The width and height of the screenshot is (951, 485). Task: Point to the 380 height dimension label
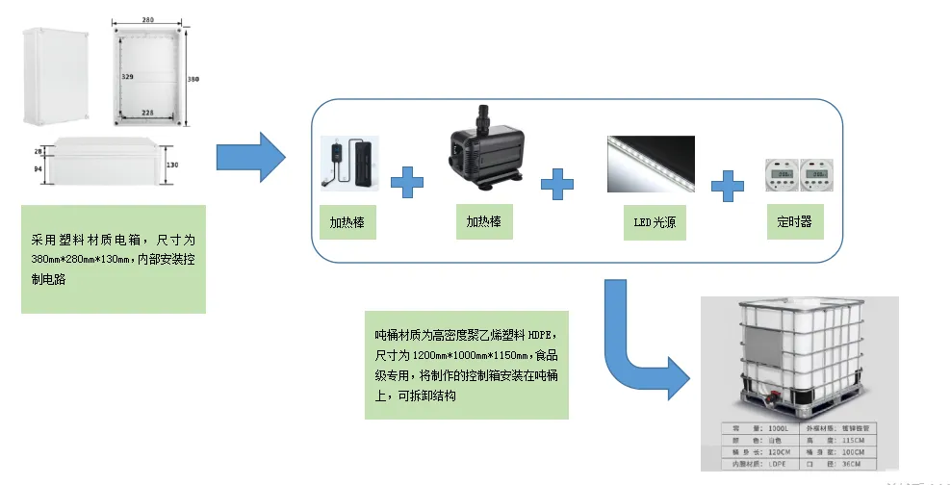(193, 79)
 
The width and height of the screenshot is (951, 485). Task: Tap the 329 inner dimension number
(127, 73)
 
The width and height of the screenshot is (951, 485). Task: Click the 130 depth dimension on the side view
(172, 165)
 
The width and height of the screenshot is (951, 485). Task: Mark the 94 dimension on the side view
(39, 169)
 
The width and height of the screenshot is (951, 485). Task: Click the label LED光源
(653, 223)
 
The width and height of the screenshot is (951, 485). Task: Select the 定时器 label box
(794, 221)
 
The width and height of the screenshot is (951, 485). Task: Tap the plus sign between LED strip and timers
(728, 184)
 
